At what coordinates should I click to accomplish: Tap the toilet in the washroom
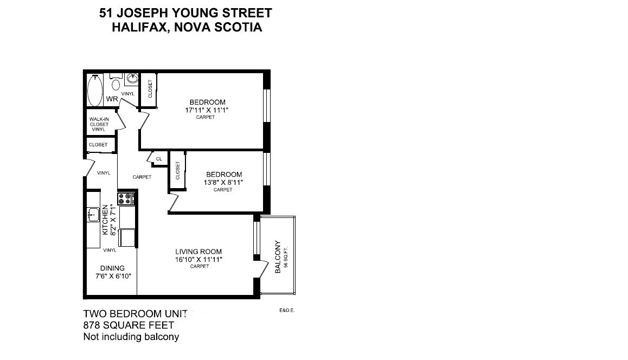click(x=116, y=82)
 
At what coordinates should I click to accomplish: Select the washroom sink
click(x=132, y=79)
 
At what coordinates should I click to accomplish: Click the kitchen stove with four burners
click(x=126, y=198)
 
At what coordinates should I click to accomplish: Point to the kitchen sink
click(x=93, y=215)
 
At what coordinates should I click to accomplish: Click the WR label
click(x=112, y=99)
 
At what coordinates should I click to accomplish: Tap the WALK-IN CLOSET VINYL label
click(x=99, y=124)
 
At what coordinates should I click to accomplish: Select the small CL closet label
click(x=159, y=159)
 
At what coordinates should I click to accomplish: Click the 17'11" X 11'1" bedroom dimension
click(x=207, y=110)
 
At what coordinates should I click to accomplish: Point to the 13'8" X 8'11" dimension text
click(x=223, y=183)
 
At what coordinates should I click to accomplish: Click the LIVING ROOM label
click(x=198, y=252)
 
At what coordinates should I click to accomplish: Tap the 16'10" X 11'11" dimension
click(x=198, y=260)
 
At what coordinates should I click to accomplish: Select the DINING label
click(x=113, y=268)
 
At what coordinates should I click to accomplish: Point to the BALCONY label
click(x=278, y=257)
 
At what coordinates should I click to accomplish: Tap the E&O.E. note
click(x=287, y=310)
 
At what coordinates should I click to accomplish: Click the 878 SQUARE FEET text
click(x=129, y=325)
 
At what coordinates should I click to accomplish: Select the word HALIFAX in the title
click(x=137, y=27)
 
